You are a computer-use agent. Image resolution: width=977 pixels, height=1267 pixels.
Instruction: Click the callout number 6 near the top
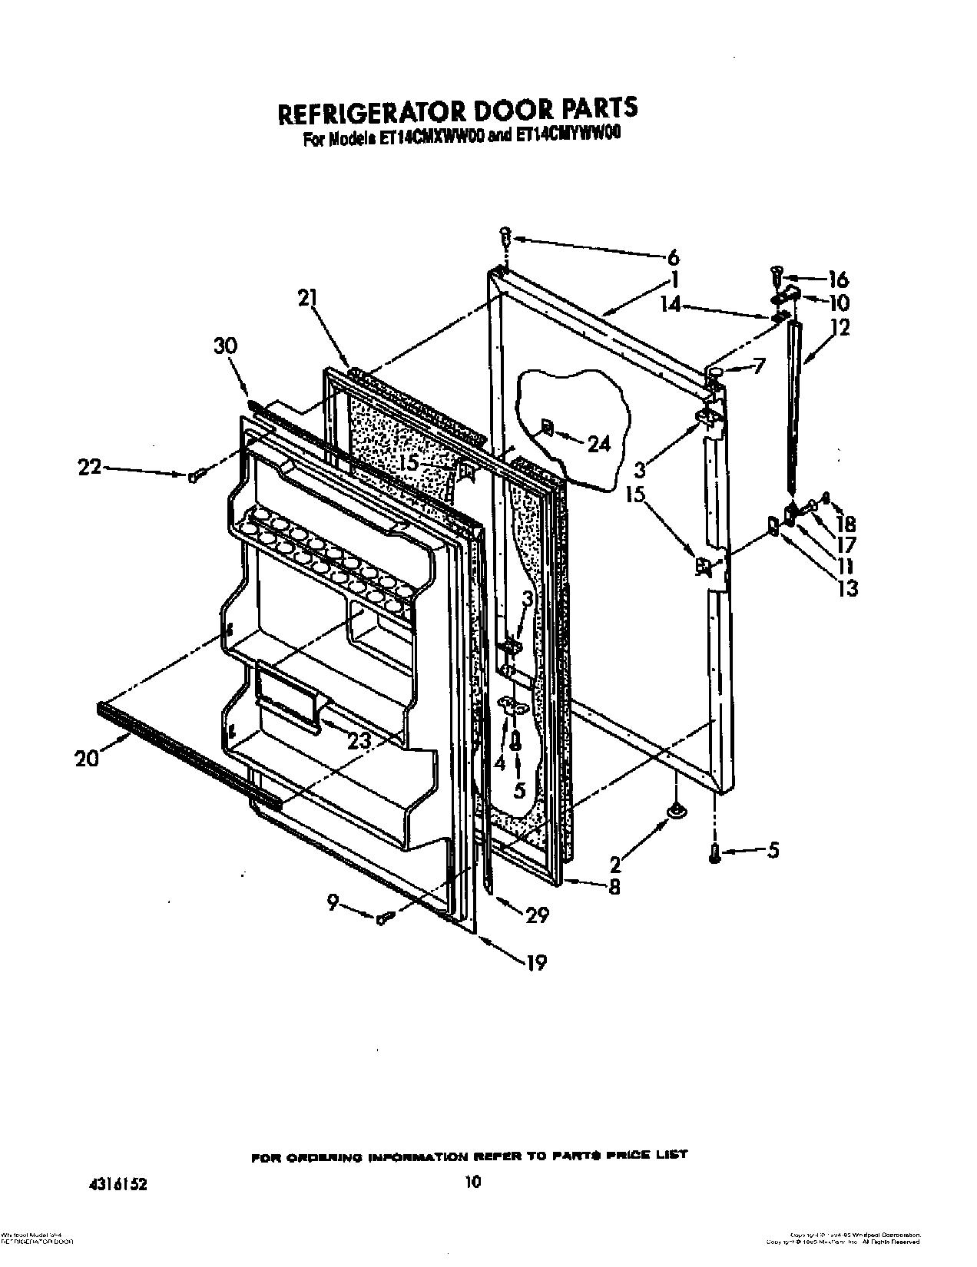[x=673, y=258]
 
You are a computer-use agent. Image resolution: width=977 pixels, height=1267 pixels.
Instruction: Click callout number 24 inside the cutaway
[x=597, y=443]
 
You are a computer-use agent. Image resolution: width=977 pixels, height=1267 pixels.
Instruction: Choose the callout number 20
[x=87, y=758]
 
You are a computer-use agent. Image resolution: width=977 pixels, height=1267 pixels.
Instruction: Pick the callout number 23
[x=359, y=742]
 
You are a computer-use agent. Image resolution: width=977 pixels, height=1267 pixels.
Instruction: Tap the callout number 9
[x=333, y=905]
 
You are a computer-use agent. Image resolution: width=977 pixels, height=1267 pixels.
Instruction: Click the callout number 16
[x=838, y=279]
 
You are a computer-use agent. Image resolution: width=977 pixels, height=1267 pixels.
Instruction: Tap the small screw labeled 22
[x=193, y=477]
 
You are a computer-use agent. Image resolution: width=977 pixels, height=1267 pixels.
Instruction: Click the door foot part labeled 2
[x=676, y=810]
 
